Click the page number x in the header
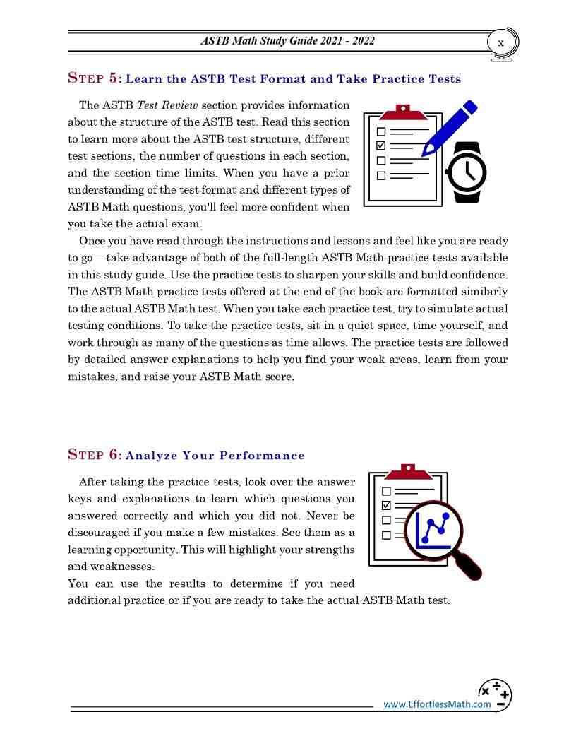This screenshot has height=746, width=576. coord(500,43)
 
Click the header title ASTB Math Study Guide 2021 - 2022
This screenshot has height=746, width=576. coord(287,41)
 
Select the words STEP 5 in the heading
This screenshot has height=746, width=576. coord(95,78)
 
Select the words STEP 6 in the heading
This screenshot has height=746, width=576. coord(95,455)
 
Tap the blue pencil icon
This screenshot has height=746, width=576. coord(449,127)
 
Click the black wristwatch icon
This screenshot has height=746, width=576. coord(467,172)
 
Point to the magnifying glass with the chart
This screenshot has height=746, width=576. coord(433,531)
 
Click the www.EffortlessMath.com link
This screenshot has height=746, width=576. coord(437,704)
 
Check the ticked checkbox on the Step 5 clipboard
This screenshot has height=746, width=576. coord(381,146)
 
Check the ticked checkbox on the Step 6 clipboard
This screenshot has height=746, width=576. coord(386,505)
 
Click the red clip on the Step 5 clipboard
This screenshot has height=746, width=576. coord(403,112)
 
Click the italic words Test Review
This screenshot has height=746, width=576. coord(168,105)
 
